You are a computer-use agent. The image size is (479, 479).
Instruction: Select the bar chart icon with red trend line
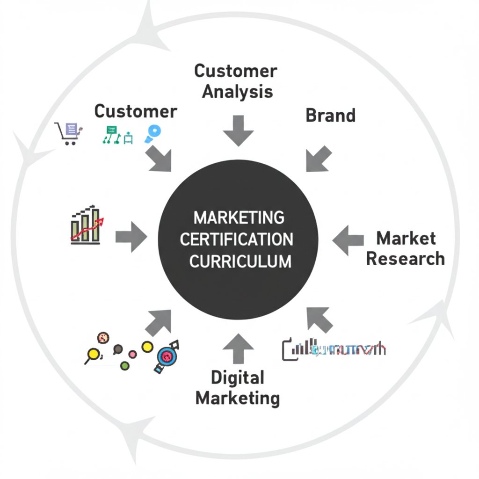click(87, 225)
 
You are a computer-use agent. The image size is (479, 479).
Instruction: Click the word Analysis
click(238, 91)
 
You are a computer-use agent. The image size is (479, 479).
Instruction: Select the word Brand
click(330, 116)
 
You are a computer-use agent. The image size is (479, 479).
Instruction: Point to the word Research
click(405, 258)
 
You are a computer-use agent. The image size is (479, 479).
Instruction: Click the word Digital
click(238, 377)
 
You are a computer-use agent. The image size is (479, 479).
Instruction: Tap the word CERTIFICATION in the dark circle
click(237, 239)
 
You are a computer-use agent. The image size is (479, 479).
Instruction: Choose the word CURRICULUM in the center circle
click(240, 261)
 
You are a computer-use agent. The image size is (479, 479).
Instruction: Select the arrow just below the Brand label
click(319, 159)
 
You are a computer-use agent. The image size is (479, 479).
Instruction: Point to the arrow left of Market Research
click(348, 239)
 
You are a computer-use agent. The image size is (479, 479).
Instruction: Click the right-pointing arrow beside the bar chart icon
click(131, 238)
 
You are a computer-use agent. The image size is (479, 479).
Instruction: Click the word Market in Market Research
click(406, 238)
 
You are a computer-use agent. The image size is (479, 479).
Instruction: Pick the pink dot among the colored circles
click(132, 354)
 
